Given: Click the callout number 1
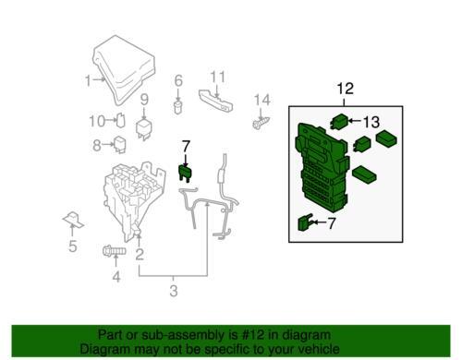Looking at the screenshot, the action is tap(88, 80).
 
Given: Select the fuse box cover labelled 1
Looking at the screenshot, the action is tap(124, 69).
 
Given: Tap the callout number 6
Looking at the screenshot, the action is tap(178, 80).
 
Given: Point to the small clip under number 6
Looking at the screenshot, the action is tap(177, 107).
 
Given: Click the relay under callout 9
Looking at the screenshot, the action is tap(143, 129).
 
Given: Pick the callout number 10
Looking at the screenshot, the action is tap(97, 121).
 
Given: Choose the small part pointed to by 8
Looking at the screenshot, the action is tap(119, 144).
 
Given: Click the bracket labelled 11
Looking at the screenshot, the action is tap(215, 100).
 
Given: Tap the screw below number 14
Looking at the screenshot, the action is tap(261, 123).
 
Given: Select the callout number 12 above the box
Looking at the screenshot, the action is tap(346, 89).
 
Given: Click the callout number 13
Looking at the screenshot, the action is tap(371, 122).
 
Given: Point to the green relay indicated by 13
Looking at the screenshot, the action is tap(339, 121).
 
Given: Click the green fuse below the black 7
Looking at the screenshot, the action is tap(185, 173).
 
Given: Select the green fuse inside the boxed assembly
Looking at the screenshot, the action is tap(305, 222).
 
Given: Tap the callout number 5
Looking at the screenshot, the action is tap(73, 246).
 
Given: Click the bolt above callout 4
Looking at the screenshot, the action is tap(114, 251).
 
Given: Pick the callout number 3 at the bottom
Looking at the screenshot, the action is tap(174, 291).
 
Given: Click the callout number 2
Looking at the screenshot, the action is tap(140, 255).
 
